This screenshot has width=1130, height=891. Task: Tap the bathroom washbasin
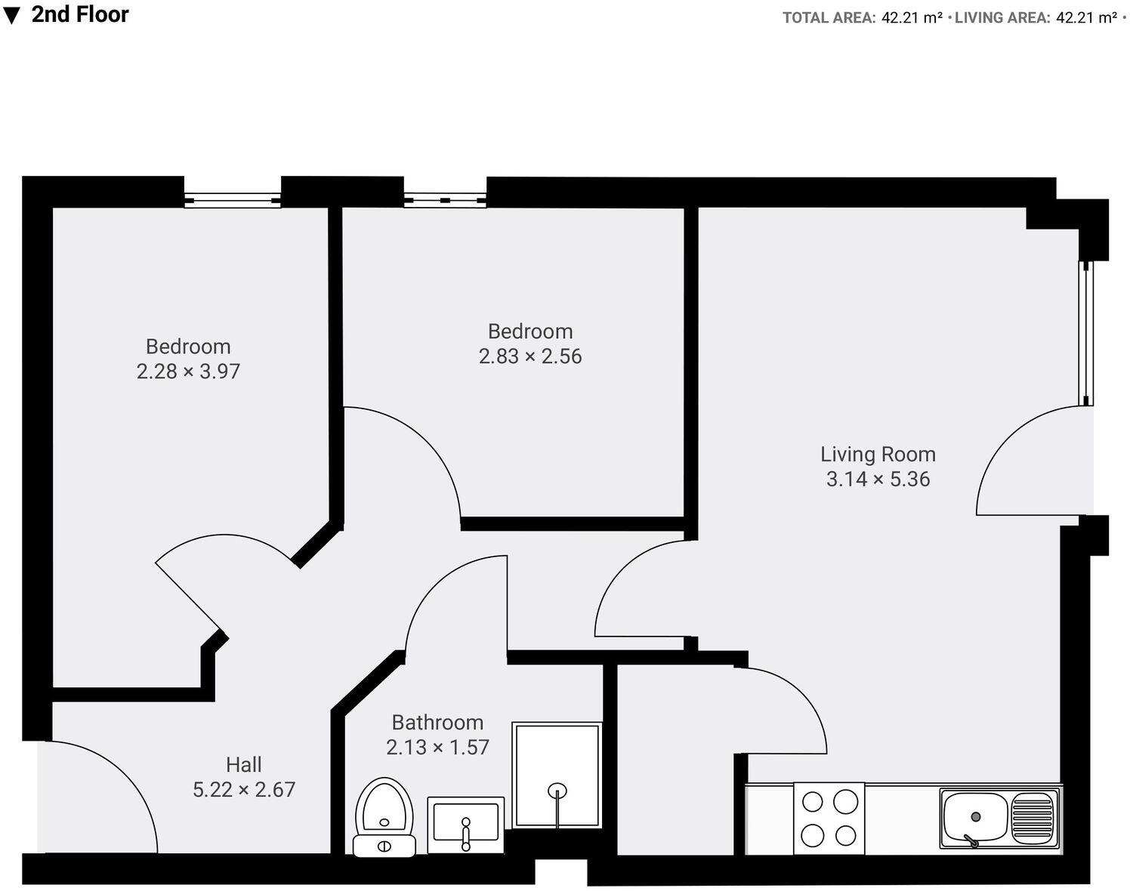pyautogui.click(x=465, y=824)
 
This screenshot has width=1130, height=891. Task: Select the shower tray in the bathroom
pyautogui.click(x=557, y=774)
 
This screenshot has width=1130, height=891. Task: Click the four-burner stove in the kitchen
pyautogui.click(x=829, y=818)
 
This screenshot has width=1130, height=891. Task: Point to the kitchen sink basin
pyautogui.click(x=975, y=819)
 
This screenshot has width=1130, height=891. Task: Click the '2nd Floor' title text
pyautogui.click(x=80, y=14)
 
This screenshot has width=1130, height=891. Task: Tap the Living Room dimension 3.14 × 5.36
pyautogui.click(x=878, y=479)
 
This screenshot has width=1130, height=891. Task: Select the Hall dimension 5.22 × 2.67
pyautogui.click(x=244, y=790)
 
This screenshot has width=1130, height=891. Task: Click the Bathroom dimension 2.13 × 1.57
pyautogui.click(x=437, y=748)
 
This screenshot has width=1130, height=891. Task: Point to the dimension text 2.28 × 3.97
pyautogui.click(x=188, y=372)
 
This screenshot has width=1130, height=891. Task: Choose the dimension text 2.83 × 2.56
pyautogui.click(x=530, y=356)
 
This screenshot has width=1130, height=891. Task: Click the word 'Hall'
pyautogui.click(x=244, y=765)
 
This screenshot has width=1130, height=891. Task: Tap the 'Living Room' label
pyautogui.click(x=878, y=455)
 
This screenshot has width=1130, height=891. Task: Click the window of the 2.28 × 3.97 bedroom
pyautogui.click(x=232, y=200)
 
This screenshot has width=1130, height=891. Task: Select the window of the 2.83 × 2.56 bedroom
pyautogui.click(x=445, y=200)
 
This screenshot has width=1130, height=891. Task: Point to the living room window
pyautogui.click(x=1085, y=333)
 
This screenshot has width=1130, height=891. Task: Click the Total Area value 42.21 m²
pyautogui.click(x=912, y=18)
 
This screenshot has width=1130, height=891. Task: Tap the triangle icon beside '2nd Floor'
pyautogui.click(x=11, y=15)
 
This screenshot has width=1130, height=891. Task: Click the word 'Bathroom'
pyautogui.click(x=437, y=723)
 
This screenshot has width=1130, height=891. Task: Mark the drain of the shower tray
pyautogui.click(x=557, y=791)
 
